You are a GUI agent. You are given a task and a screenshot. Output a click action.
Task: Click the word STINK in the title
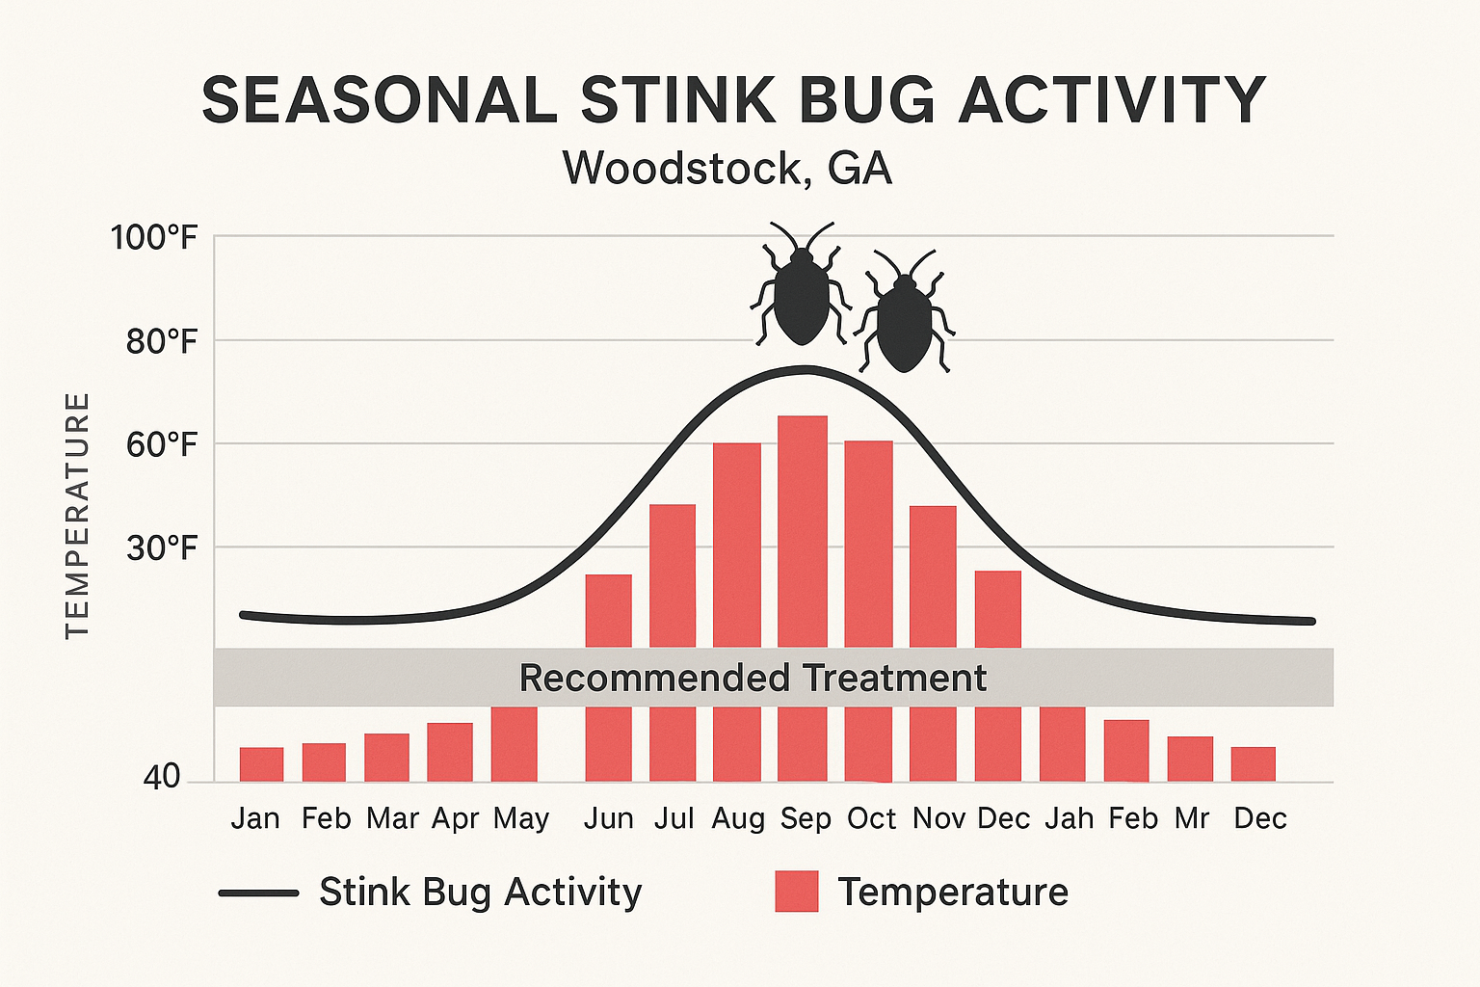[x=674, y=100]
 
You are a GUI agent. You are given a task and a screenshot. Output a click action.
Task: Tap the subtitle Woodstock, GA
[x=727, y=169]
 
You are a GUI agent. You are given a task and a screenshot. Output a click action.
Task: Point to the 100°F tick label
[x=153, y=237]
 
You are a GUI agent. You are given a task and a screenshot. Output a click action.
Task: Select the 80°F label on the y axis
[x=161, y=341]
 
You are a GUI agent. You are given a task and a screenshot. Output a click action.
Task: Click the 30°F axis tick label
[x=161, y=548]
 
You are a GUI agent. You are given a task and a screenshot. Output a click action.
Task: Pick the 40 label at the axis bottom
[x=161, y=777]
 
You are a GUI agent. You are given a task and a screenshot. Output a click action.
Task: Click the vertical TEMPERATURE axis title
[x=77, y=515]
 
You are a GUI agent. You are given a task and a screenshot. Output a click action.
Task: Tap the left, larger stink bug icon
[x=801, y=289]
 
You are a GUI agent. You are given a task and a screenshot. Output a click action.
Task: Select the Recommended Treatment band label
[x=753, y=679]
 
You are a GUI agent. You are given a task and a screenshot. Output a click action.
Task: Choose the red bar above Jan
[x=261, y=764]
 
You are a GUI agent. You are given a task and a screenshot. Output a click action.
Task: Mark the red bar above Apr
[x=450, y=752]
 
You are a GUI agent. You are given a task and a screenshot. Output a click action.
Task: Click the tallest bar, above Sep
[x=803, y=530]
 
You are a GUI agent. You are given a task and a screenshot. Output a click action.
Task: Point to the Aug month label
[x=738, y=819]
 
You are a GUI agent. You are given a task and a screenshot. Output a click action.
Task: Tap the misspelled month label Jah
[x=1069, y=819]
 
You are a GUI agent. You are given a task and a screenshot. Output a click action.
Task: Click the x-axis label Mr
[x=1192, y=819]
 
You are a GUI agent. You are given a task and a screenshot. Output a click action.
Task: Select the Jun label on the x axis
[x=609, y=819]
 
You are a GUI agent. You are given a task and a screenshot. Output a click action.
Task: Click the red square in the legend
[x=797, y=892]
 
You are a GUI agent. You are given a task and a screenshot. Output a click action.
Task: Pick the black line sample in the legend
[x=258, y=894]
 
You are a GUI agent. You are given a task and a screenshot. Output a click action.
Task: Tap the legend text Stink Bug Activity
[x=480, y=893]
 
